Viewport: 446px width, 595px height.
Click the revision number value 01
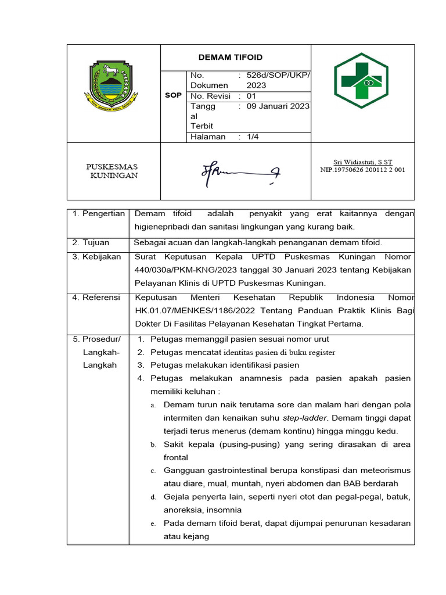pyautogui.click(x=251, y=96)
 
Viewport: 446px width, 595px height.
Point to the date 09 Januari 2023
pyautogui.click(x=278, y=106)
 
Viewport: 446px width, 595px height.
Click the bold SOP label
pyautogui.click(x=173, y=95)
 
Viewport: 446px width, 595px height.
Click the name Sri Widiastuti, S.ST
pyautogui.click(x=363, y=162)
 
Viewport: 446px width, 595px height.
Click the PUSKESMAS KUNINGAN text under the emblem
pyautogui.click(x=113, y=171)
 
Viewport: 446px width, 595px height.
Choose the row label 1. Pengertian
pyautogui.click(x=99, y=214)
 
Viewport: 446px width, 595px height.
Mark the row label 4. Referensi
pyautogui.click(x=96, y=297)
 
